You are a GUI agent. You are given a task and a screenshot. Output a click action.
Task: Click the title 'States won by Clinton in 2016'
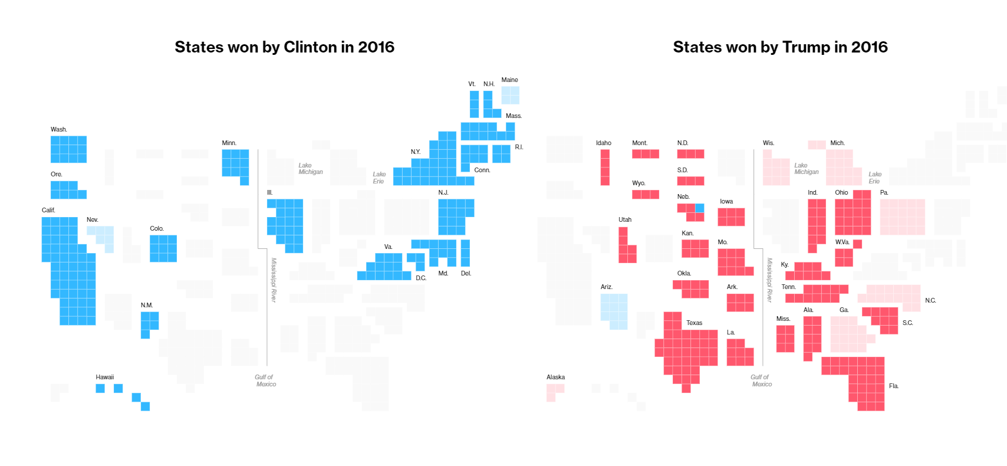pyautogui.click(x=284, y=47)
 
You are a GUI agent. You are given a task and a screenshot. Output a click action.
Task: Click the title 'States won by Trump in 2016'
pyautogui.click(x=780, y=47)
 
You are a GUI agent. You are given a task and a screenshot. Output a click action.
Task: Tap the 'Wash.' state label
pyautogui.click(x=59, y=129)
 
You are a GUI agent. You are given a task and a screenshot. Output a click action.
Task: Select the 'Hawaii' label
pyautogui.click(x=105, y=377)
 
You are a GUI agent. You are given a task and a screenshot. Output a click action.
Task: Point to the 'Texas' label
pyautogui.click(x=694, y=323)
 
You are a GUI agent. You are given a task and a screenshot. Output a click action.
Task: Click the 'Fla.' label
pyautogui.click(x=894, y=386)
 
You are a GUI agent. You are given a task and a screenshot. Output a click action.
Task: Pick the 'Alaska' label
pyautogui.click(x=555, y=377)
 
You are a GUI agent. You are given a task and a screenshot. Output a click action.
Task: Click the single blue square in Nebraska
pyautogui.click(x=700, y=208)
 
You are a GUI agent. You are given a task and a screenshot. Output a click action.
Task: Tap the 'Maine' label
pyautogui.click(x=509, y=80)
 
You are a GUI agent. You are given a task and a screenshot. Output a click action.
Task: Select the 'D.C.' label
pyautogui.click(x=421, y=278)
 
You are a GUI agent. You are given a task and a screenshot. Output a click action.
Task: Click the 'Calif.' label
pyautogui.click(x=48, y=210)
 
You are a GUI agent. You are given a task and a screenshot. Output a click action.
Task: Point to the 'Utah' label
pyautogui.click(x=625, y=219)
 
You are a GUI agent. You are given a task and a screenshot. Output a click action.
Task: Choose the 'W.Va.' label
pyautogui.click(x=842, y=242)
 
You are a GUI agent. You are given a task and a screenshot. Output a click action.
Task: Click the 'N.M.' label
pyautogui.click(x=147, y=305)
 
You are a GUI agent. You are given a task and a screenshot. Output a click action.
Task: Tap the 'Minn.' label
pyautogui.click(x=229, y=143)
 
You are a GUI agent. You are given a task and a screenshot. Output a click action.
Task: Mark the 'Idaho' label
pyautogui.click(x=604, y=143)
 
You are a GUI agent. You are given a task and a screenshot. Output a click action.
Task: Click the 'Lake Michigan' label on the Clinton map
pyautogui.click(x=310, y=169)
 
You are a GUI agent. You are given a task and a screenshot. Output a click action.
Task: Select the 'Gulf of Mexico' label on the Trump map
pyautogui.click(x=761, y=380)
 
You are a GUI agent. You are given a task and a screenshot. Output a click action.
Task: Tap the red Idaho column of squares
pyautogui.click(x=605, y=167)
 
